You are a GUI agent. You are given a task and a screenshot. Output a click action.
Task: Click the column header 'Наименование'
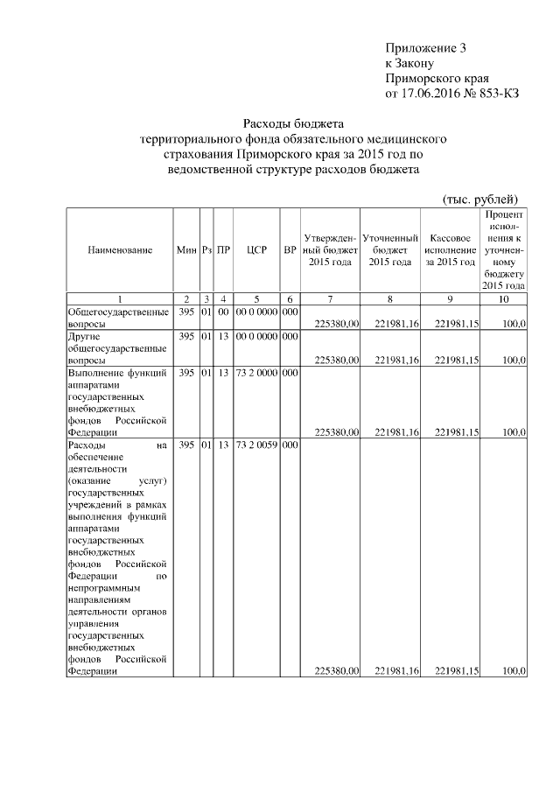120,250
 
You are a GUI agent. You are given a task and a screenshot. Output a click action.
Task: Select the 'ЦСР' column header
256,250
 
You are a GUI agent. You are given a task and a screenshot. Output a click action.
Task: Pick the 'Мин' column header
185,250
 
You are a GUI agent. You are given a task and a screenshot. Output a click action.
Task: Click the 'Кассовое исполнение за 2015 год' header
449,250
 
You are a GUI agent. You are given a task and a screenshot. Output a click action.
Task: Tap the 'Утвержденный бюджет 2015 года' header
330,250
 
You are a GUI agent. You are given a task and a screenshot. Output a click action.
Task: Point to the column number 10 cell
503,299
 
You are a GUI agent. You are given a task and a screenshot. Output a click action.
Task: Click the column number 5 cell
256,299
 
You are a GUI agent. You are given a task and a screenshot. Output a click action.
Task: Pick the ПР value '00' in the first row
223,312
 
